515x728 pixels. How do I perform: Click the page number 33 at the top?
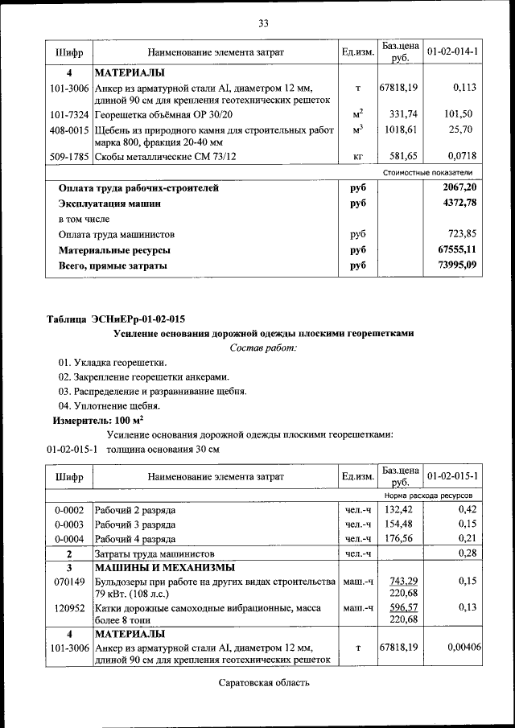(262, 23)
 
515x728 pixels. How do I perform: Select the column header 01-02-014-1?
(452, 52)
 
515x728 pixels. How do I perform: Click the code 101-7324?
(68, 114)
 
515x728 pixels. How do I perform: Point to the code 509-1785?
(68, 157)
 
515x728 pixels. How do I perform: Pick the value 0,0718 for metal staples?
(459, 157)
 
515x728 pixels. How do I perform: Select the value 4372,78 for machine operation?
(457, 204)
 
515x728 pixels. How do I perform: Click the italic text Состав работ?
(263, 348)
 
